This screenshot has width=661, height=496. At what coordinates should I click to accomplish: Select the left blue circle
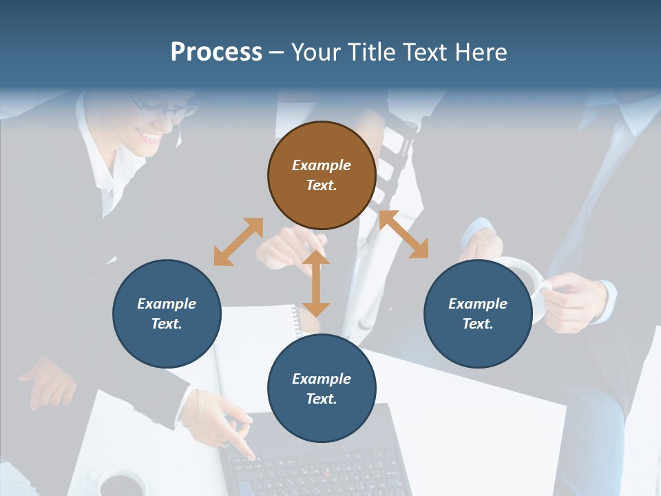click(x=167, y=313)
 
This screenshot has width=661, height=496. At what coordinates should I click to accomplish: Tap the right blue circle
click(x=478, y=313)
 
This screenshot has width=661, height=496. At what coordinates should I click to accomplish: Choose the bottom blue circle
click(x=322, y=388)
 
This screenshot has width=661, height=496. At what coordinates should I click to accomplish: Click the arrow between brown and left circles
click(x=238, y=242)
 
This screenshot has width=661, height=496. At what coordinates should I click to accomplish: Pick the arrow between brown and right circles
click(x=403, y=235)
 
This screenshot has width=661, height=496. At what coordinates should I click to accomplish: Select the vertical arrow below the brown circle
click(x=316, y=283)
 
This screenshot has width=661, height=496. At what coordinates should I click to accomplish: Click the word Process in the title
click(x=216, y=52)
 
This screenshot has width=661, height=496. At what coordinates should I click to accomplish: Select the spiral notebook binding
click(x=297, y=320)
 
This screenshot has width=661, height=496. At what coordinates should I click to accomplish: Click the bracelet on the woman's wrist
click(x=192, y=409)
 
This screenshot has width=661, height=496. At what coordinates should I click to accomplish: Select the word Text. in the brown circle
click(x=322, y=185)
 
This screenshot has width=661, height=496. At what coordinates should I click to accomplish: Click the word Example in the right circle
click(x=478, y=304)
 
